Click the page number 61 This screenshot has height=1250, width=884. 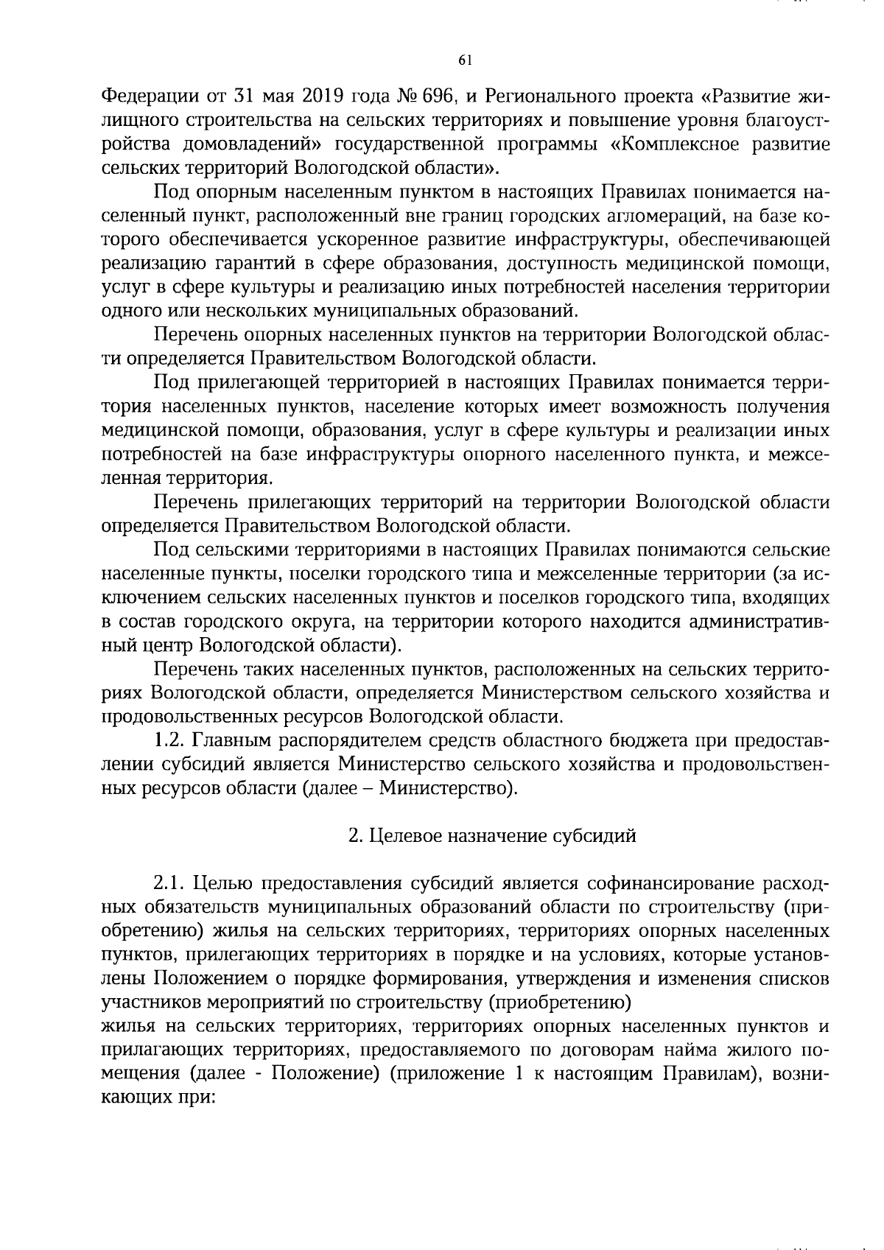(464, 61)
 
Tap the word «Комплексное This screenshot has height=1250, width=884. (674, 144)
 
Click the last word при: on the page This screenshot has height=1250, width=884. (194, 1098)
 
